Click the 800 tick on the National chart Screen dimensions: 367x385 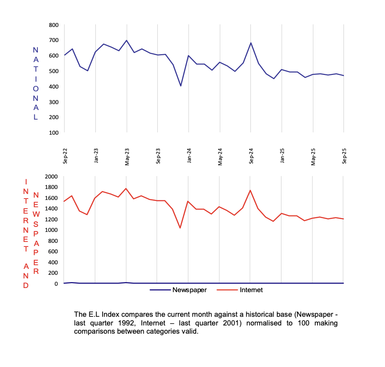coord(53,25)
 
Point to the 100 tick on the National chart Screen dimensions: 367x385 coord(53,132)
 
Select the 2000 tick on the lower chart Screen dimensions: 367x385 coord(51,176)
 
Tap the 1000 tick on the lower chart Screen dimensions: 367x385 coord(51,230)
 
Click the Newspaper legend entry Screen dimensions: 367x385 coord(189,290)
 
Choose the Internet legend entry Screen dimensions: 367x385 coord(251,290)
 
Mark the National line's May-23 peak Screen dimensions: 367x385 coord(126,41)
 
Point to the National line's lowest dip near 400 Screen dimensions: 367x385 coord(181,86)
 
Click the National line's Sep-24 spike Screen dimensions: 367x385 coord(251,43)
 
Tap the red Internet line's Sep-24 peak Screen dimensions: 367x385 coord(250,190)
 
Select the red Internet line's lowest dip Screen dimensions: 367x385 coord(180,228)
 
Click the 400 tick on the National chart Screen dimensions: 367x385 coord(53,86)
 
